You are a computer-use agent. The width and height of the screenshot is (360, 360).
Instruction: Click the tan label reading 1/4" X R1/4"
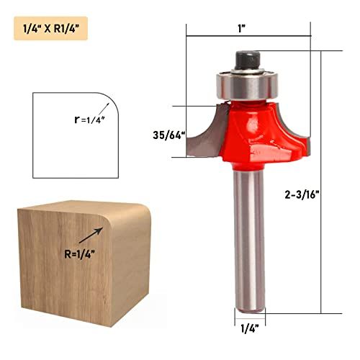[x=50, y=28]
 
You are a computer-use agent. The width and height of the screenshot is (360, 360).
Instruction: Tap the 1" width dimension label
[x=242, y=28]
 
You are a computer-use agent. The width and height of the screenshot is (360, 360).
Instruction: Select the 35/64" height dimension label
[x=169, y=135]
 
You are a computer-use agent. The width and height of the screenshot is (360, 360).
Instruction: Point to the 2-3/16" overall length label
[x=302, y=194]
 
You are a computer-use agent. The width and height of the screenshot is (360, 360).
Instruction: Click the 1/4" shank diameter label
[x=250, y=328]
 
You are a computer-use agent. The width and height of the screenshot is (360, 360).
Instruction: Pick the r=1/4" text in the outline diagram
[x=90, y=120]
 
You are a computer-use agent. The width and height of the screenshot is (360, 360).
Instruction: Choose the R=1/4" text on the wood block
[x=79, y=254]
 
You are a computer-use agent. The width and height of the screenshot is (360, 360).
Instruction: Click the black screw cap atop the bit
[x=248, y=60]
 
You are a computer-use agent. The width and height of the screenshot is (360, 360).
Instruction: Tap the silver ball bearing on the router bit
[x=247, y=84]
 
